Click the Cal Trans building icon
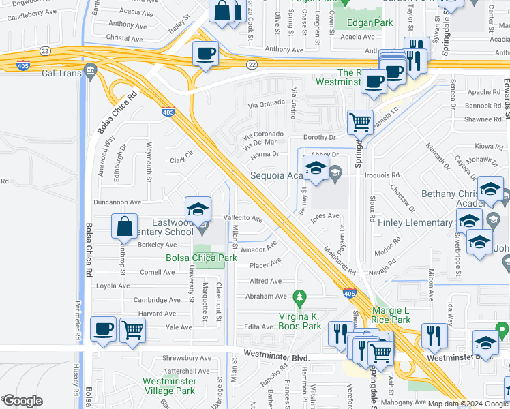90,72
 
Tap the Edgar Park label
370,22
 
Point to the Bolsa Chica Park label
201,258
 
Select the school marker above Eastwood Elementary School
198,209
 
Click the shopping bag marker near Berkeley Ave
125,227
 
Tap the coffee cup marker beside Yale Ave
103,330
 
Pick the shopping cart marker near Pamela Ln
360,123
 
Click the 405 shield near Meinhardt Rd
349,293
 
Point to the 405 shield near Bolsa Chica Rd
168,112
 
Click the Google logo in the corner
22,400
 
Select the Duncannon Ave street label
117,202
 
